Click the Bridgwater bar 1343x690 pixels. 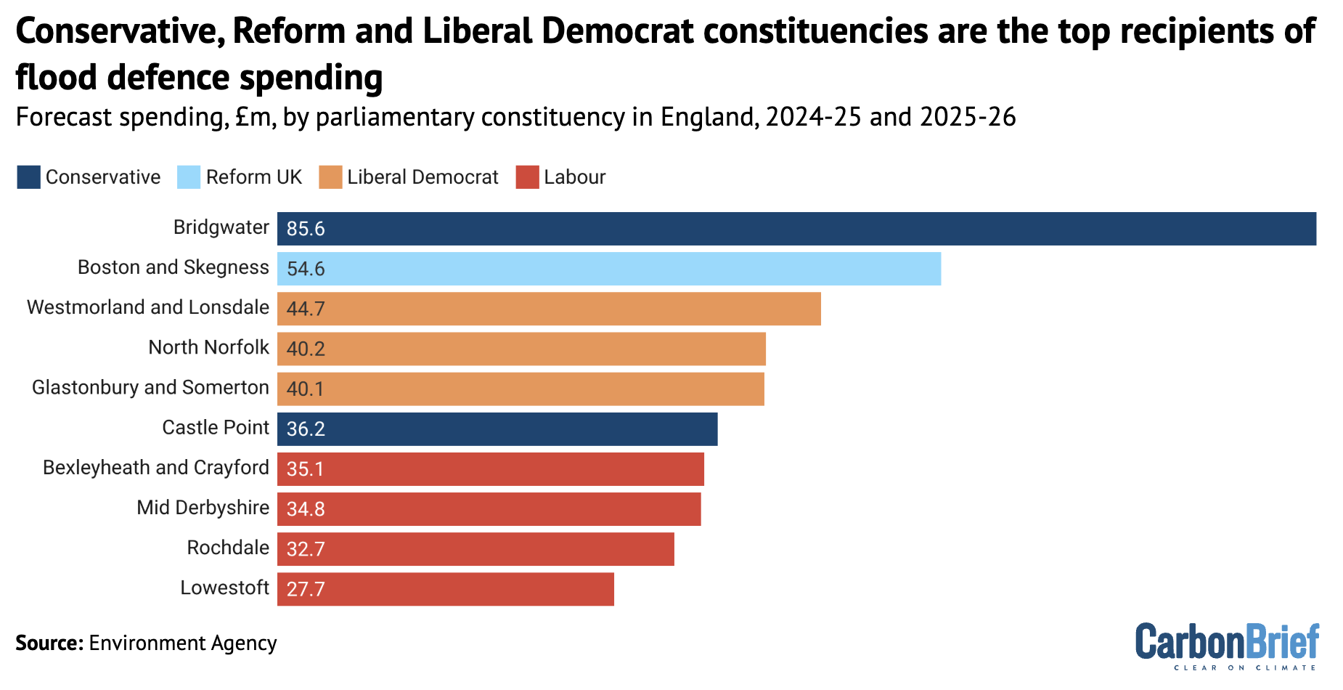point(796,229)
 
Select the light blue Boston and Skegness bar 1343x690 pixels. point(609,269)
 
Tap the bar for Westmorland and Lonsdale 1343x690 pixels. point(549,309)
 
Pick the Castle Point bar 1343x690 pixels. point(497,429)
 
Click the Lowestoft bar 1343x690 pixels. point(446,589)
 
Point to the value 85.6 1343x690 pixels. point(306,230)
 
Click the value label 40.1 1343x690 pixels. point(306,389)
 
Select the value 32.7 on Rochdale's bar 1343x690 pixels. point(306,549)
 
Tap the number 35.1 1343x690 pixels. point(306,469)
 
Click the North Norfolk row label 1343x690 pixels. point(208,348)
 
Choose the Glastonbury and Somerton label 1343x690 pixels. point(150,388)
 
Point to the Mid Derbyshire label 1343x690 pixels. point(203,508)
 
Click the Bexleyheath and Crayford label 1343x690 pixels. point(155,468)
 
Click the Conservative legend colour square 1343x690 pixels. point(28,177)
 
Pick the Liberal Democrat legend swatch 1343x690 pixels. point(330,177)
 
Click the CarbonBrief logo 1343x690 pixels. point(1227,645)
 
